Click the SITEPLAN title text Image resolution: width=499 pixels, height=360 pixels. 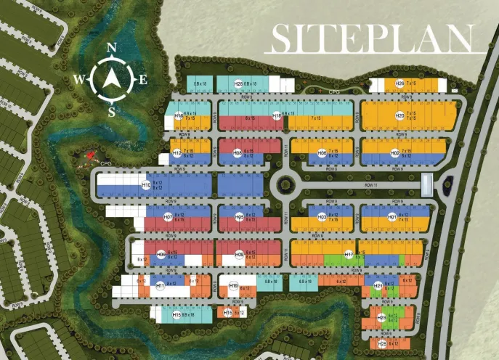[x=371, y=38]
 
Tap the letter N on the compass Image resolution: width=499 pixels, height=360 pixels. [x=112, y=48]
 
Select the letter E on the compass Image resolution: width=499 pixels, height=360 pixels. [x=142, y=80]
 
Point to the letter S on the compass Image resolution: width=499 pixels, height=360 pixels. [x=112, y=112]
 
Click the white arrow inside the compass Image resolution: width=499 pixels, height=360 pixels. [x=111, y=80]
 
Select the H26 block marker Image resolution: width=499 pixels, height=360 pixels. [x=399, y=84]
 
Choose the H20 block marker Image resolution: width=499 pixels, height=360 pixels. [x=399, y=115]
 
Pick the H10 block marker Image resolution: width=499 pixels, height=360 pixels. [x=146, y=186]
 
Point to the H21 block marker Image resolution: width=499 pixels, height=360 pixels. [x=378, y=286]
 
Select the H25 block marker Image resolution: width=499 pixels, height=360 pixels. [x=383, y=343]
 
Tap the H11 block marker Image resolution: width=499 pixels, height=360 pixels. [x=161, y=286]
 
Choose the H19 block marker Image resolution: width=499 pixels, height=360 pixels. [x=233, y=286]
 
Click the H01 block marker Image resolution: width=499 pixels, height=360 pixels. [x=392, y=216]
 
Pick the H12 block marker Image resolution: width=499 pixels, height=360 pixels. [x=177, y=153]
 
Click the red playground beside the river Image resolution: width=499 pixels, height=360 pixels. [x=90, y=155]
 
